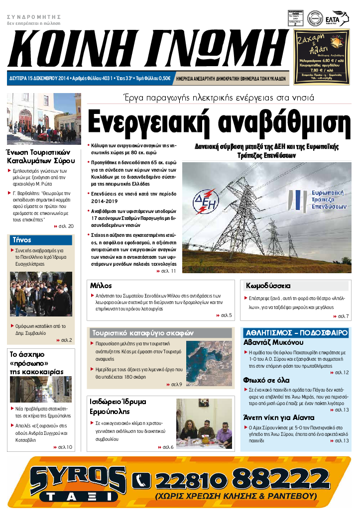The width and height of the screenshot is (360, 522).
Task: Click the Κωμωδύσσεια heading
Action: [x=268, y=286]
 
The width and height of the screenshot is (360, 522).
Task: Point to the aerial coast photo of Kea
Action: [x=209, y=363]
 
